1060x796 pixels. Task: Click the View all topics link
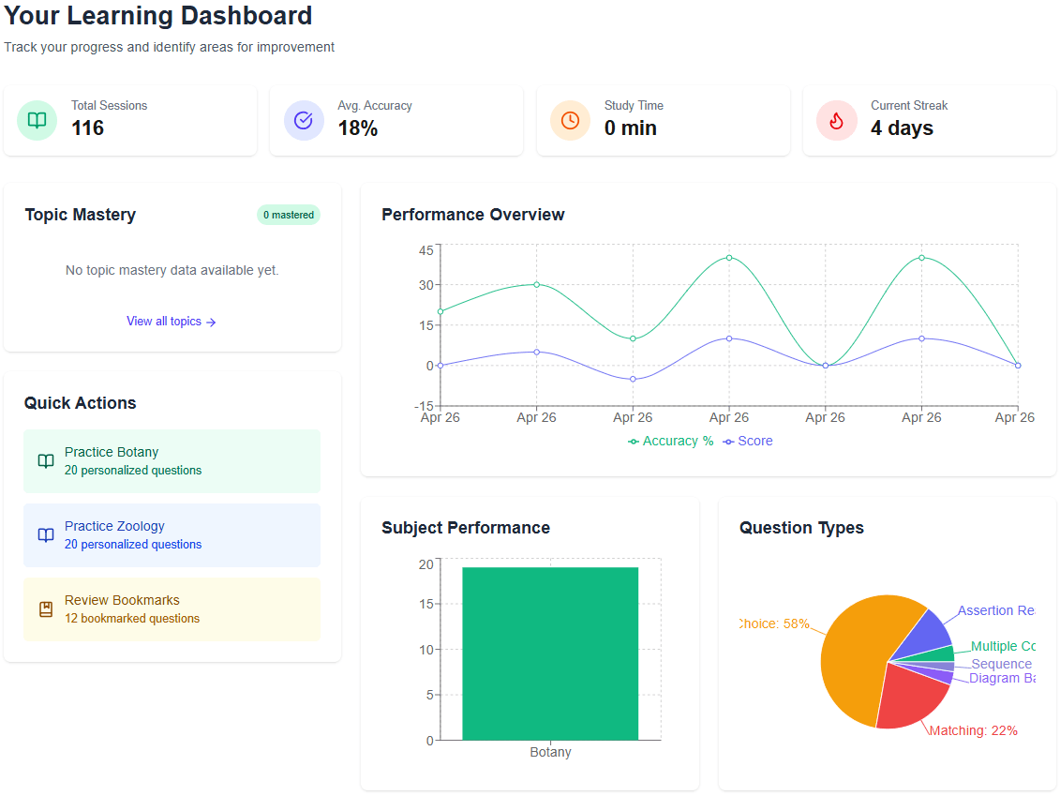coord(172,322)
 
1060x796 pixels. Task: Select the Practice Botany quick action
coord(172,460)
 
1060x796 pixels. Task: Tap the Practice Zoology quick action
coord(172,534)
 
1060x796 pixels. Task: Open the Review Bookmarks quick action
coord(172,608)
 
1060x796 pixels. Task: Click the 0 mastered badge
coord(288,215)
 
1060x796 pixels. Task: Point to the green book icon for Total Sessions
coord(37,120)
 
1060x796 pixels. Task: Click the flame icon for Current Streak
coord(836,120)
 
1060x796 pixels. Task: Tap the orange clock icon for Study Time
coord(570,120)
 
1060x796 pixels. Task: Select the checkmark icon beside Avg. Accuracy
coord(304,120)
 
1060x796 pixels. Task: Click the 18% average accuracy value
coord(358,128)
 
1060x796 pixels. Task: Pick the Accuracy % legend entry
coord(671,441)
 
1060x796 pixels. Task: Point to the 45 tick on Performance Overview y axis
coord(426,249)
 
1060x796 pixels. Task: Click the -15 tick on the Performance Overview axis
coord(424,406)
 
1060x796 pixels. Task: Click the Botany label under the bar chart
coord(550,752)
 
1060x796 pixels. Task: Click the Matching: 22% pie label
coord(973,730)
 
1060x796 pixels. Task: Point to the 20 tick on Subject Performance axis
coord(425,564)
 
